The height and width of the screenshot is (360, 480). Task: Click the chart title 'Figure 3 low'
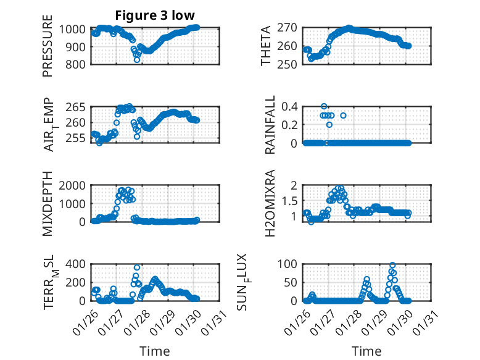pyautogui.click(x=155, y=16)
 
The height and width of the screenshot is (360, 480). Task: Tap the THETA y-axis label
pyautogui.click(x=266, y=46)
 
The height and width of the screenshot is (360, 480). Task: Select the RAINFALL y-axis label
pyautogui.click(x=270, y=125)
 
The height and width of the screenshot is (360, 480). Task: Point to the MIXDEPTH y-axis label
pyautogui.click(x=48, y=203)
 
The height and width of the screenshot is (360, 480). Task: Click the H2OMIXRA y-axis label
pyautogui.click(x=270, y=203)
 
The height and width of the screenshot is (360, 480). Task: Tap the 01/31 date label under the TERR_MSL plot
pyautogui.click(x=216, y=323)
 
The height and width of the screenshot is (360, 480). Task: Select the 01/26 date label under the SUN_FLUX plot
pyautogui.click(x=300, y=323)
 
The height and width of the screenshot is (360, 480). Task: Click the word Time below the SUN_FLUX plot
pyautogui.click(x=367, y=351)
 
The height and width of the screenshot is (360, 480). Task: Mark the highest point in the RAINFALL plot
pyautogui.click(x=324, y=106)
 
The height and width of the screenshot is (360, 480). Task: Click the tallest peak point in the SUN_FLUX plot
pyautogui.click(x=392, y=266)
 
